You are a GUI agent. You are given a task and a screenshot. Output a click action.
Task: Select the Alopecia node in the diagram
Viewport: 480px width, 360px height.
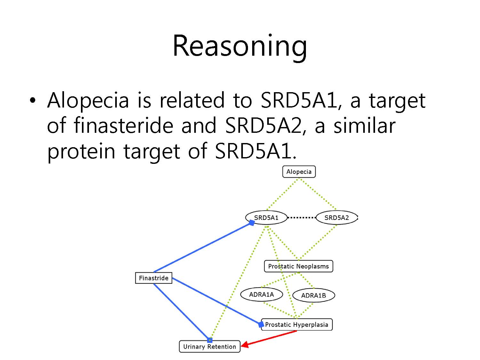299,172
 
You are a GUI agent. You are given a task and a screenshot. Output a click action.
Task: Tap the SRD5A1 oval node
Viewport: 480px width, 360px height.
266,218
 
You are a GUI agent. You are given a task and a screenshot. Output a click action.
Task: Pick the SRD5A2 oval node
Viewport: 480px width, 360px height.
337,218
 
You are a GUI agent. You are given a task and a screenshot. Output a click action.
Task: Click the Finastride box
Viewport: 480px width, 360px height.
154,278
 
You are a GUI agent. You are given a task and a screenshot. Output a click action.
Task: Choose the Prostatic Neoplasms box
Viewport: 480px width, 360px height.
299,266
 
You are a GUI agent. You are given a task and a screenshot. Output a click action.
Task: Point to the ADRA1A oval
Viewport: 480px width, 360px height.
261,294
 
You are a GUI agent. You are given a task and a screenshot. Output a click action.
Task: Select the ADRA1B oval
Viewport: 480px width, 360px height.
314,295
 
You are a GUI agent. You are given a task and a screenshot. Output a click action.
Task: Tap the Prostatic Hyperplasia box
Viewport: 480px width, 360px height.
297,324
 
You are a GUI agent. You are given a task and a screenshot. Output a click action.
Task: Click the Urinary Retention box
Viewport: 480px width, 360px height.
210,347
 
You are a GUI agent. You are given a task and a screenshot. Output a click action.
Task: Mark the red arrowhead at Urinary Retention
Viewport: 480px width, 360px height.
245,344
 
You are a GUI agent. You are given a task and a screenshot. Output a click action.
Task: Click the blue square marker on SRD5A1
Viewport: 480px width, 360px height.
252,223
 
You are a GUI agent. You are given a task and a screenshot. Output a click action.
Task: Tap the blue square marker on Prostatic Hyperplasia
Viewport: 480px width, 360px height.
261,324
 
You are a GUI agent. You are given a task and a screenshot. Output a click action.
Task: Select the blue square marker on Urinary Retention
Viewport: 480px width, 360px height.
210,340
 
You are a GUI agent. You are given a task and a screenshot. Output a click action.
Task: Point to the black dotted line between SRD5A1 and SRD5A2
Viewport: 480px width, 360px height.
301,218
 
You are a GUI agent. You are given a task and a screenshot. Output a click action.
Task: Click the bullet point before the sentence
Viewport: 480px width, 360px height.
33,100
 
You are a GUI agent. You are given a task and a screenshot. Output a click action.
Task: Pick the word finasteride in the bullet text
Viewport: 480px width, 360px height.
124,125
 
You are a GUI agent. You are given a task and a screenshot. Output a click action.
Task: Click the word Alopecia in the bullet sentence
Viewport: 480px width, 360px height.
88,100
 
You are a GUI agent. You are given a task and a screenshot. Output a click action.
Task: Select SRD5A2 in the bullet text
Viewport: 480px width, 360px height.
264,125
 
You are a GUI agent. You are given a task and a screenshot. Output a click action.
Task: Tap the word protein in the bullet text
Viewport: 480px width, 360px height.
81,152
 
